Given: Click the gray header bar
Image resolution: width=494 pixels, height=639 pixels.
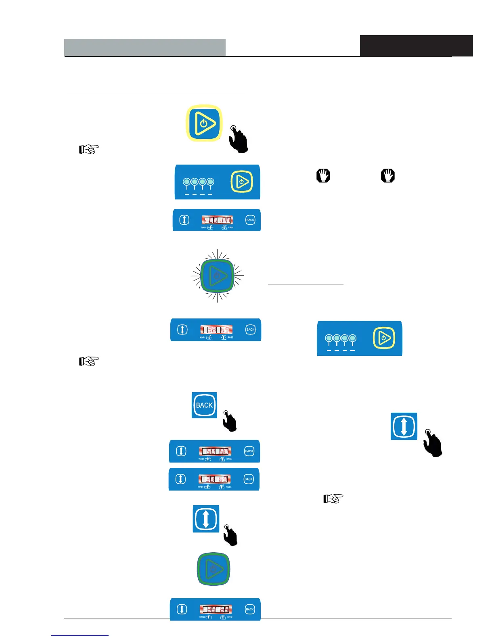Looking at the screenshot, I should click(144, 47).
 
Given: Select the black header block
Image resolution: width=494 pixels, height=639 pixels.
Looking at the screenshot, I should click(416, 46).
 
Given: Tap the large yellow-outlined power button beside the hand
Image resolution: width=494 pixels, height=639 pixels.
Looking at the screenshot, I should click(204, 123).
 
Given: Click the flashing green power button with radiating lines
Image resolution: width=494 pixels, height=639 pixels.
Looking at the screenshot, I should click(217, 276).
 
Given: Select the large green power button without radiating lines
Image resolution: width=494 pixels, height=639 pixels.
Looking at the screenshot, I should click(213, 569).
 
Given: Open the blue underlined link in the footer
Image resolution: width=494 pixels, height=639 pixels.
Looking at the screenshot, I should click(80, 635).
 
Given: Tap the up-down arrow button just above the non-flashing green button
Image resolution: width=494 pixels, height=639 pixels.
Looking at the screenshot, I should click(206, 519).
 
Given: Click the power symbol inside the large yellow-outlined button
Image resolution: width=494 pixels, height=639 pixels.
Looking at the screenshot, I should click(204, 123).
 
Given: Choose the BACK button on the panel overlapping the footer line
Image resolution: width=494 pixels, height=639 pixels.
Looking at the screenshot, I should click(250, 609).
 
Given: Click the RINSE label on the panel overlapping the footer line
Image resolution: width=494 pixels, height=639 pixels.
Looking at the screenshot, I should click(230, 617).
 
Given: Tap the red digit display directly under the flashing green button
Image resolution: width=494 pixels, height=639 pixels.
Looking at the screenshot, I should click(216, 330).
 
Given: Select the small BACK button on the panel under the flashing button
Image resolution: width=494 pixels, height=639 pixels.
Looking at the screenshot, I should click(250, 330).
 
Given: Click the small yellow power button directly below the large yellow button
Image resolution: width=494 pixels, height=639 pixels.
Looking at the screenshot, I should click(241, 182).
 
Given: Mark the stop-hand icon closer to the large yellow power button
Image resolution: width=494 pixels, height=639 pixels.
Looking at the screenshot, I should click(323, 176).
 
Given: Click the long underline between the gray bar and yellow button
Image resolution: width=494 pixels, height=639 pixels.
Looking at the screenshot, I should click(155, 95).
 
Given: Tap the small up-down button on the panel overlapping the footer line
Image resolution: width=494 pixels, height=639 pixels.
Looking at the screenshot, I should click(182, 609).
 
